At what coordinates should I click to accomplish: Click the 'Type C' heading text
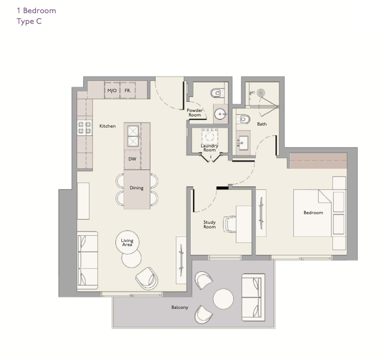click(29, 21)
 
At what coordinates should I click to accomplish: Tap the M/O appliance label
click(112, 91)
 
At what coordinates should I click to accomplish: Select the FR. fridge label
click(127, 91)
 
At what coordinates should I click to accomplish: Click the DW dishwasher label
click(133, 159)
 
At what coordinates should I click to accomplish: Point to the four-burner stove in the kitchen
click(84, 128)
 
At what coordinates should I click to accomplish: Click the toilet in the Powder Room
click(218, 93)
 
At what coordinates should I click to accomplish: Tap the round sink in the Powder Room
click(221, 114)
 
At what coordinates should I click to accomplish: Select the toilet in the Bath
click(243, 119)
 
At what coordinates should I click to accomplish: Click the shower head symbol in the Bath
click(261, 93)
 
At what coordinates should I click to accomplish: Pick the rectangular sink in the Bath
click(242, 143)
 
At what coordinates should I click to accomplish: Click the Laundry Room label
click(209, 148)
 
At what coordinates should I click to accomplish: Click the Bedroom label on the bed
click(313, 213)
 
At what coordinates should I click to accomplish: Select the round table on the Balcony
click(223, 299)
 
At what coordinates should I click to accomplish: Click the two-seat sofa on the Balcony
click(253, 297)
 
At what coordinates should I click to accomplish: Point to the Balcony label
click(180, 307)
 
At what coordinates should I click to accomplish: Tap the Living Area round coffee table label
click(127, 243)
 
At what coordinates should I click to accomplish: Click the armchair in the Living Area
click(147, 278)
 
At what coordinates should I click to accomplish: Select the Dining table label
click(137, 188)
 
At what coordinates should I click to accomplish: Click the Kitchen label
click(107, 126)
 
